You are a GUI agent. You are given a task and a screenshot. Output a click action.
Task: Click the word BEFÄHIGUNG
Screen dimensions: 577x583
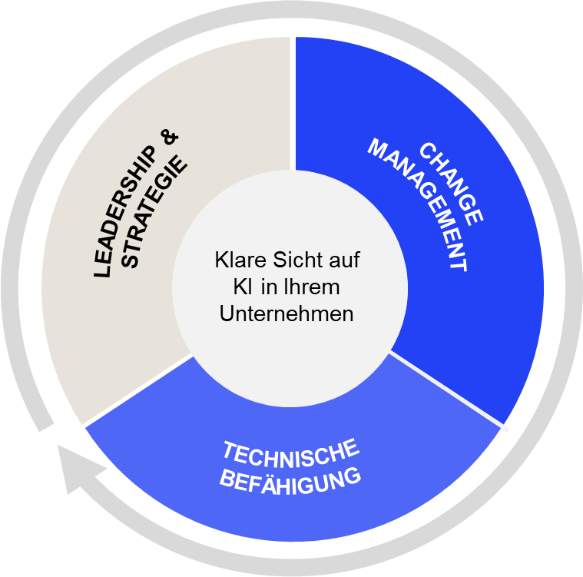290,480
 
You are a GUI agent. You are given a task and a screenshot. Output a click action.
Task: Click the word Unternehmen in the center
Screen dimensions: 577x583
287,313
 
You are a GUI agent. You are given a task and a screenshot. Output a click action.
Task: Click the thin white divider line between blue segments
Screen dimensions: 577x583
449,387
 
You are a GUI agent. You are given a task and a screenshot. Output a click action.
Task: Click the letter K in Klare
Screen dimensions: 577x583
221,260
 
